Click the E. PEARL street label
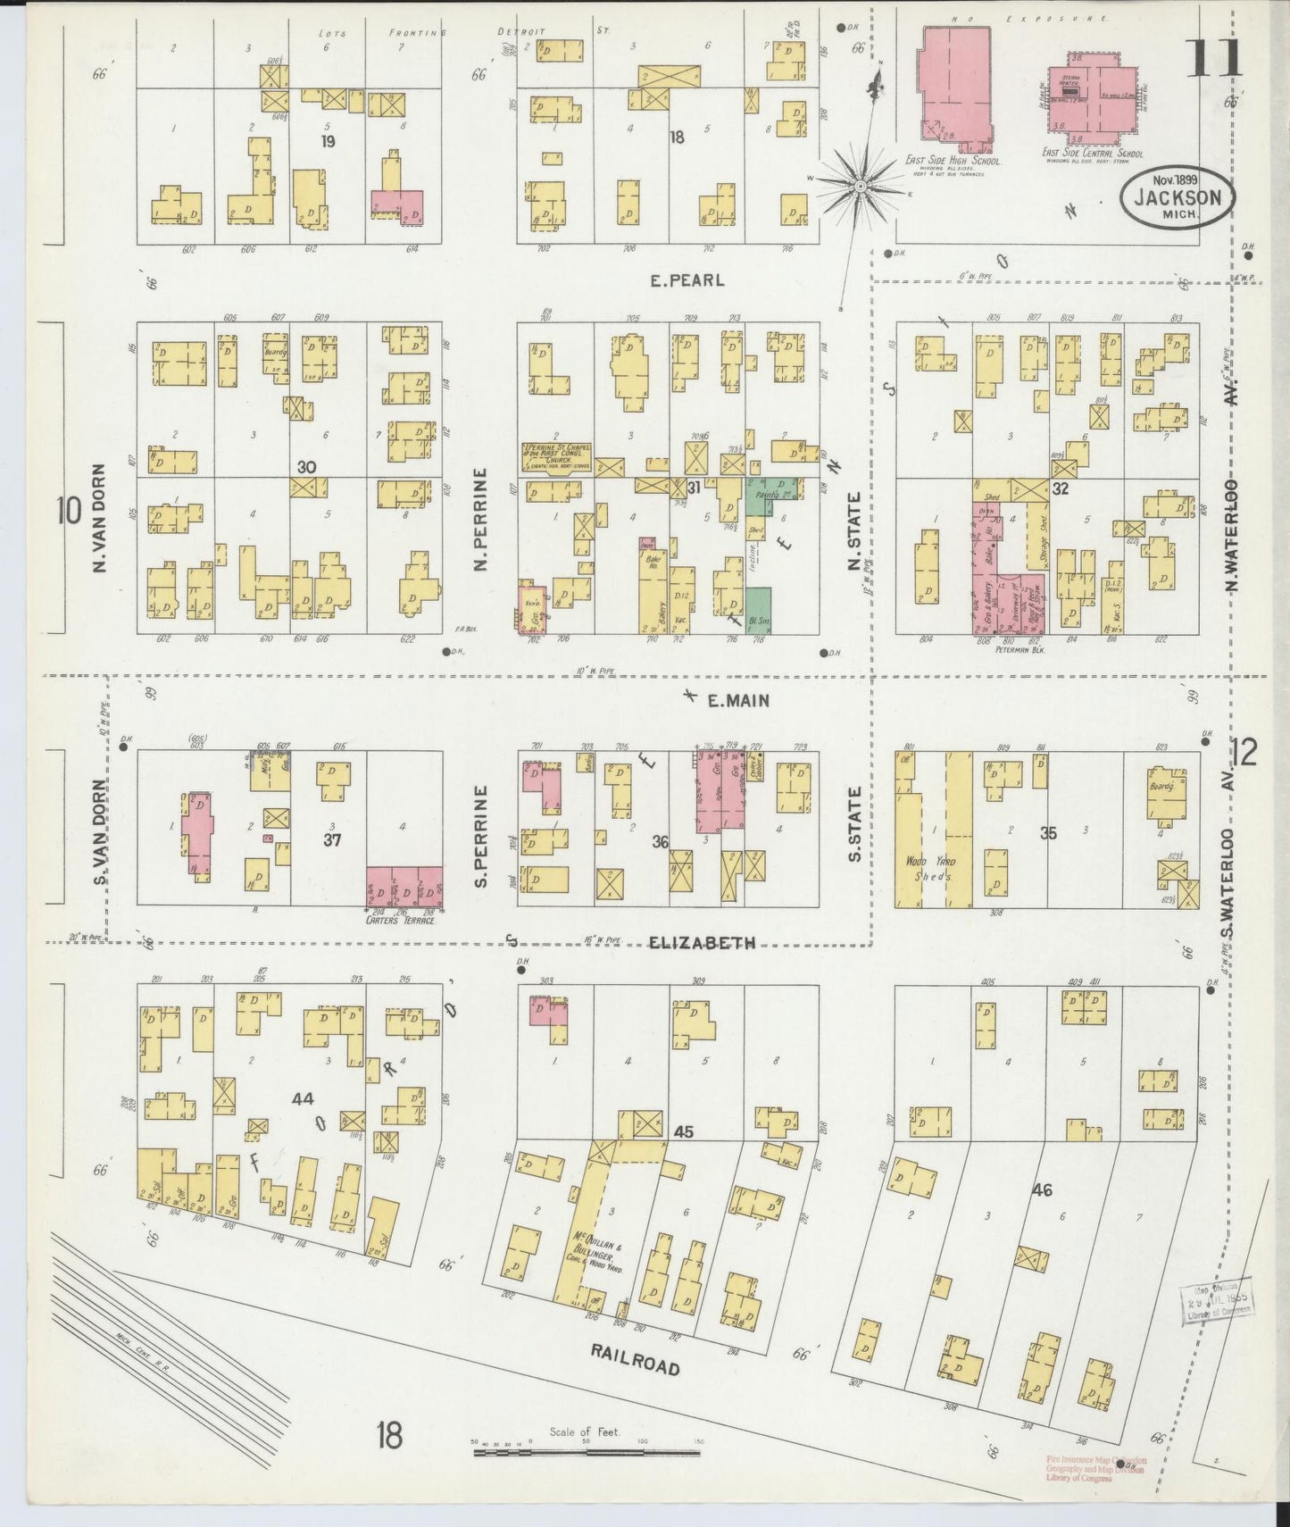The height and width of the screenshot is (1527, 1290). tap(687, 280)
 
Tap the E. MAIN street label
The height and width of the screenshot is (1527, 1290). tap(737, 702)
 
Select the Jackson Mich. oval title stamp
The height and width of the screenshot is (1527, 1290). tap(1178, 198)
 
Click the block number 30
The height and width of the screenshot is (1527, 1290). tap(306, 467)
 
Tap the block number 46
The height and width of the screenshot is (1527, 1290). tap(1041, 1189)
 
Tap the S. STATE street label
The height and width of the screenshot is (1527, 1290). tap(854, 823)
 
